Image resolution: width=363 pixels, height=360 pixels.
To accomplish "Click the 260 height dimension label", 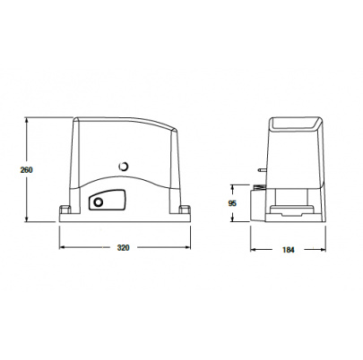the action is (26, 170).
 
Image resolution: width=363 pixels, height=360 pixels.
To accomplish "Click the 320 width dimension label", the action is (123, 247).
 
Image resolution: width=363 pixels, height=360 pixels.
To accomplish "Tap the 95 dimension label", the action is (232, 203).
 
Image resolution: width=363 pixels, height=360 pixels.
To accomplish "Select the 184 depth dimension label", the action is (289, 250).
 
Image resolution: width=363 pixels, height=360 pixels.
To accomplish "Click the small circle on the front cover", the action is (123, 166).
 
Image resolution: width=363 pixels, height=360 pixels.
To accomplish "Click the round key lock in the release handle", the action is (98, 202).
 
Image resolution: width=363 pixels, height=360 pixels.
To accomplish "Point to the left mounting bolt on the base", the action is (65, 209).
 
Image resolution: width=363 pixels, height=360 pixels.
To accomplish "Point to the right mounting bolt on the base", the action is (185, 209).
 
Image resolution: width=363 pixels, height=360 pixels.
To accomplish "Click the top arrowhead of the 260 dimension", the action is (27, 120).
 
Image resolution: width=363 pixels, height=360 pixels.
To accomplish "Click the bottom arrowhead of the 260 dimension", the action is (27, 219).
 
